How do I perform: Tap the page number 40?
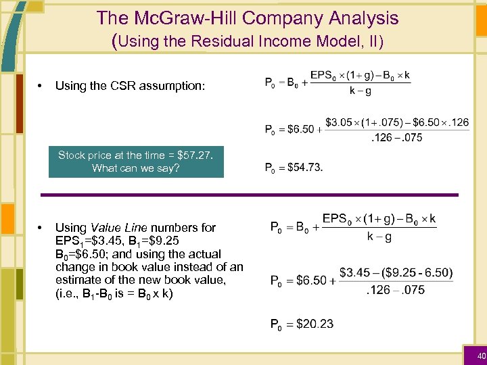481,356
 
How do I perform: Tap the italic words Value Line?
120,228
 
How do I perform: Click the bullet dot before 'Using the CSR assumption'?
41,86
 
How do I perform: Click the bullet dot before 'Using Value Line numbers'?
41,228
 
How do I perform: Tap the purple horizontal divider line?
250,195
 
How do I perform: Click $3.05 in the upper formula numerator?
340,122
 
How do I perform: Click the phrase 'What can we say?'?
136,168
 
